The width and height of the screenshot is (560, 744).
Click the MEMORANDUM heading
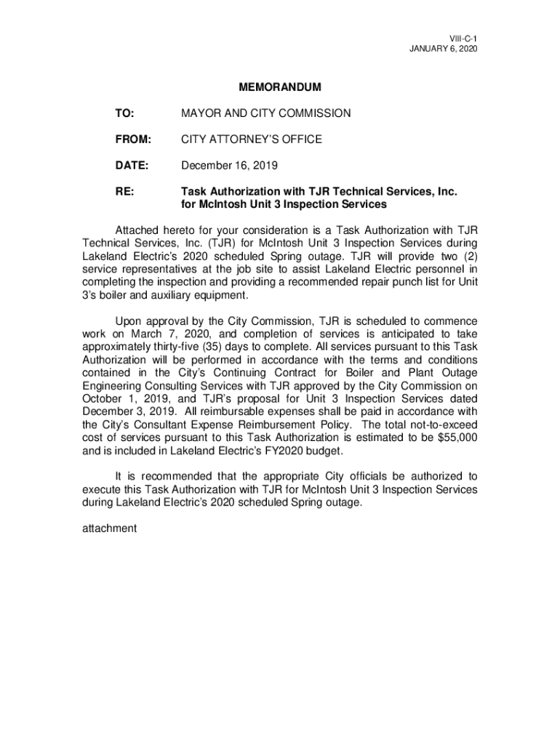[x=280, y=88]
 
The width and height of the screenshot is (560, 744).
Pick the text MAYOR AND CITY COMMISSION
[x=265, y=113]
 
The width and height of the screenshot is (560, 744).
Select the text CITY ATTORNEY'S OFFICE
[x=251, y=139]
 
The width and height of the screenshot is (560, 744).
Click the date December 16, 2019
[x=229, y=166]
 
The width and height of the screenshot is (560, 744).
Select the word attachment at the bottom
[x=109, y=528]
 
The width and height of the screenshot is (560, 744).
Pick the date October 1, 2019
[x=121, y=399]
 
